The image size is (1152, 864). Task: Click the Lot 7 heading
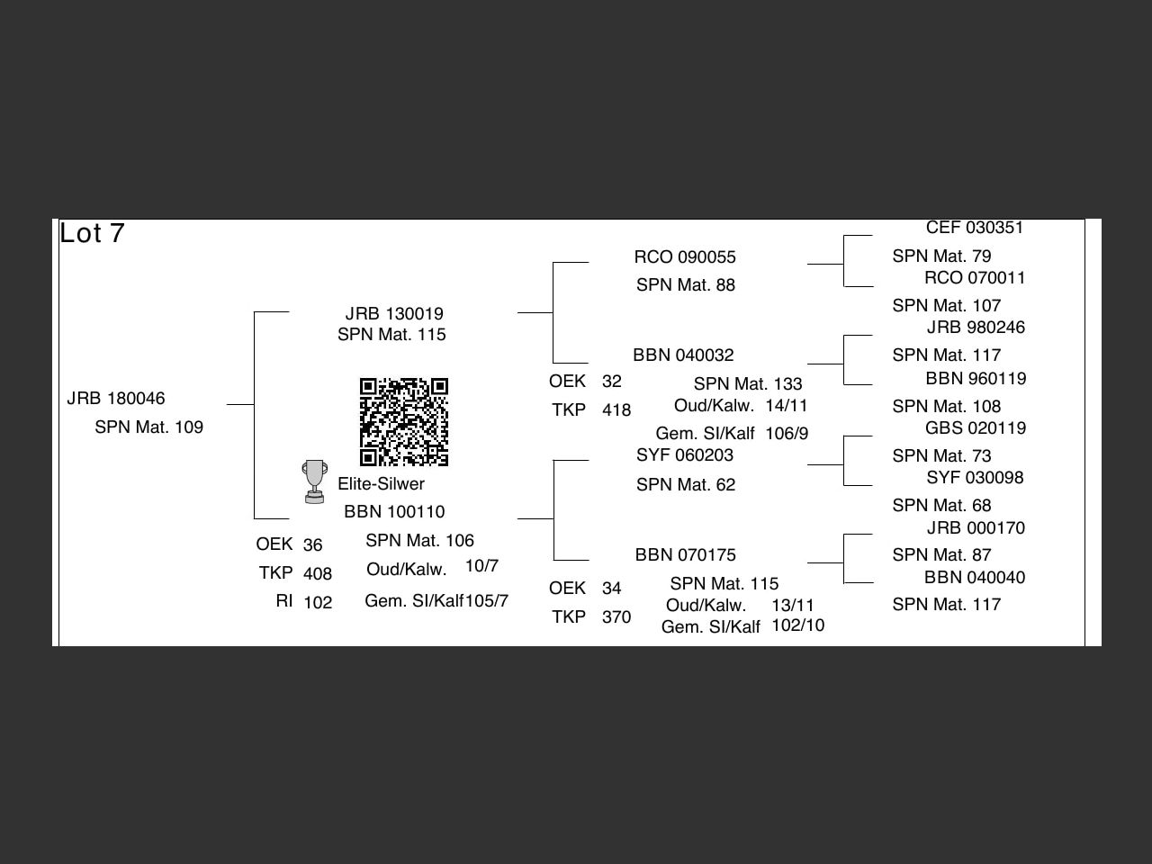pos(92,233)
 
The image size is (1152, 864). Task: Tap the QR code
pos(404,422)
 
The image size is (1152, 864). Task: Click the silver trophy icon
pos(314,481)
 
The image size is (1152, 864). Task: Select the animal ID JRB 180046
pos(116,399)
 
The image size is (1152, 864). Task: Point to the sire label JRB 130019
pos(394,314)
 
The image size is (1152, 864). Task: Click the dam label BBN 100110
pos(394,512)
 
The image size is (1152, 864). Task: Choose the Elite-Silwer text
pos(381,484)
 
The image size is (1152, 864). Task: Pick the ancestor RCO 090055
pos(685,257)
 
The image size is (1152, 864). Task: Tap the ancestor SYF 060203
pos(685,455)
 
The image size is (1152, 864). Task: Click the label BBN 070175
pos(686,555)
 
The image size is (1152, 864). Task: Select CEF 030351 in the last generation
pos(975,228)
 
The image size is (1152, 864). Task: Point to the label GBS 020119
pos(976,428)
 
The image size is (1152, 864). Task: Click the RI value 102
pos(318,603)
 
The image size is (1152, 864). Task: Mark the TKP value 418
pos(616,410)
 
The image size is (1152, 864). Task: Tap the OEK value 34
pos(612,589)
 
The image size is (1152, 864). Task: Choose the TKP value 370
pos(616,617)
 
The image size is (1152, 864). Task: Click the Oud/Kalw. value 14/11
pos(787,406)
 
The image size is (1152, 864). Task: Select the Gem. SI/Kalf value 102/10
pos(797,625)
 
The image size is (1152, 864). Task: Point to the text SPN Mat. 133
pos(748,384)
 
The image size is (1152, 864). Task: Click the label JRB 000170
pos(976,528)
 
